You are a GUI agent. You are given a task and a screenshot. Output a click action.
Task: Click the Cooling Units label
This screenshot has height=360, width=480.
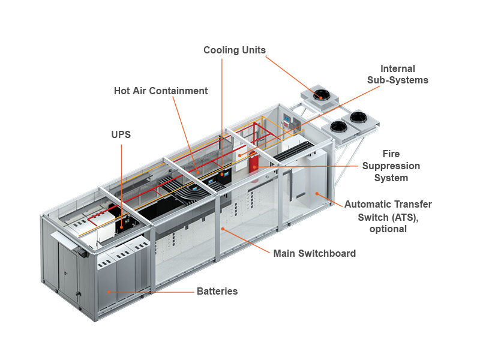coord(234,50)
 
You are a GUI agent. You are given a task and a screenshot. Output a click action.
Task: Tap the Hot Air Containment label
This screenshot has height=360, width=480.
coord(161,91)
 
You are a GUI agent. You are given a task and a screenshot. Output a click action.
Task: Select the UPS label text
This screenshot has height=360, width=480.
coord(121,135)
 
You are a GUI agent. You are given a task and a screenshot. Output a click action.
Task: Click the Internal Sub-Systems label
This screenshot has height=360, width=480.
coord(398,74)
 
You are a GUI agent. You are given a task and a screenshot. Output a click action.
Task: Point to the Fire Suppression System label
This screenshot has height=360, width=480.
coord(391,166)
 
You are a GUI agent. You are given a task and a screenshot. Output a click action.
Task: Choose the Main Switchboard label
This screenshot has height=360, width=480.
coord(314,253)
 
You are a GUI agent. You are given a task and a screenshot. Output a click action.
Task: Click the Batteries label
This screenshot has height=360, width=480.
coord(217,292)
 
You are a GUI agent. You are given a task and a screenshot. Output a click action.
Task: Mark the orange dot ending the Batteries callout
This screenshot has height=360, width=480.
coord(109,292)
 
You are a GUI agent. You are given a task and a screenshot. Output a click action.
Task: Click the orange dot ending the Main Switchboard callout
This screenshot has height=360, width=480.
coord(223,229)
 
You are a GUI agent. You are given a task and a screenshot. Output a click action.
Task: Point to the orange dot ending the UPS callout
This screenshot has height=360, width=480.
coord(121,227)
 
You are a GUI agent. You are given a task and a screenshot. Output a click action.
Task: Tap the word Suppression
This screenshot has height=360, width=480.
coord(391,166)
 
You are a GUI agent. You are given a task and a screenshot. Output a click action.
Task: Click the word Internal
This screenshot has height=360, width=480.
coord(398,69)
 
